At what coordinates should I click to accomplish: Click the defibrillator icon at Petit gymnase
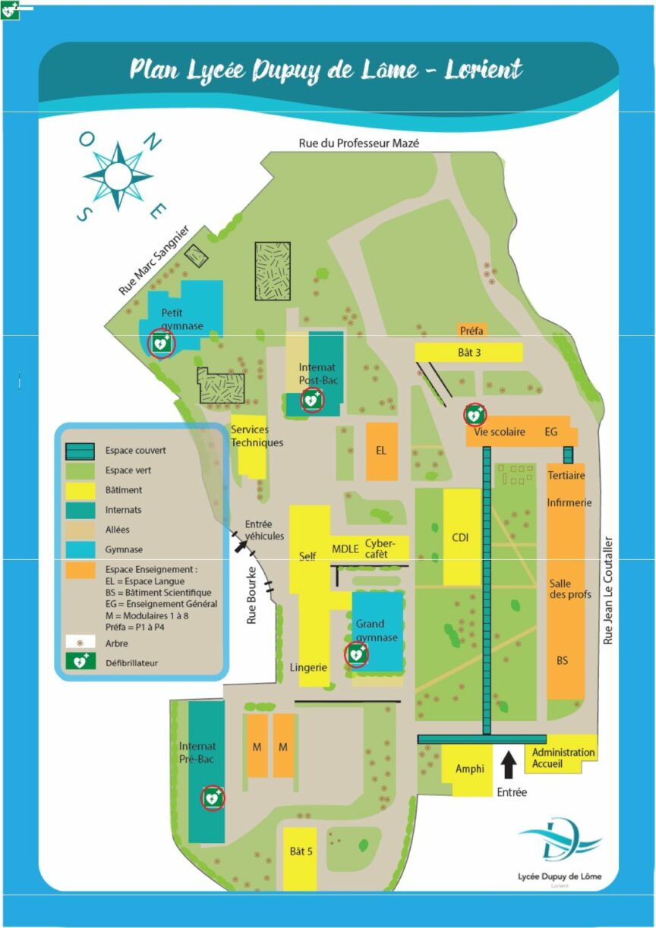click(161, 344)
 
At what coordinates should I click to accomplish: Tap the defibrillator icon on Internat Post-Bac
click(311, 399)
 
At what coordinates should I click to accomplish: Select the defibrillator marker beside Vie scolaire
click(475, 415)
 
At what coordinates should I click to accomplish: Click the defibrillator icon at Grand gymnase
click(356, 654)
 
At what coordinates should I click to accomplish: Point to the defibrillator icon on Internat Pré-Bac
click(213, 797)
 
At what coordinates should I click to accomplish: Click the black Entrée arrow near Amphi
click(509, 764)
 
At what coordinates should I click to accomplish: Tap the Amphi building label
click(469, 769)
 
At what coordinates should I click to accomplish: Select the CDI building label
click(461, 538)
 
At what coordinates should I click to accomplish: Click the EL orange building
click(381, 451)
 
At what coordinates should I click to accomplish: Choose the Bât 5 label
click(301, 851)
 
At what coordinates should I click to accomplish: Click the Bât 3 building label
click(470, 352)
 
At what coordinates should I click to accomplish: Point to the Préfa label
click(471, 330)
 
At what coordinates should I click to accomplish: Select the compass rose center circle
click(118, 177)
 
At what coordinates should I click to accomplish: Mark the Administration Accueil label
click(563, 757)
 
